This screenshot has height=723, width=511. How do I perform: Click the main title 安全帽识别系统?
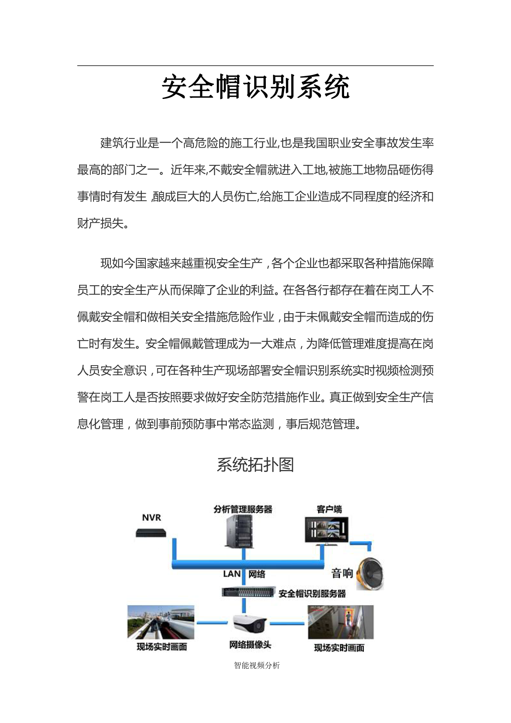coord(255,87)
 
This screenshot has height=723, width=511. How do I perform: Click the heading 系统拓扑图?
coord(255,465)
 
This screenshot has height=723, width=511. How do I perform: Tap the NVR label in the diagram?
coord(151,518)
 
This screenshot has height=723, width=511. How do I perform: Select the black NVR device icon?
coord(151,533)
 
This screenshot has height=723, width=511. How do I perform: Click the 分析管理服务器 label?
coord(243,509)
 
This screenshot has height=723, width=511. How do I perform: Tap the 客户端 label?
coord(329,509)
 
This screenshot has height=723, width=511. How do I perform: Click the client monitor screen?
coord(326,529)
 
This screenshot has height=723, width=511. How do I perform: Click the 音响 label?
coord(342,573)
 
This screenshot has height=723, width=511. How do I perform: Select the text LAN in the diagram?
coord(232,574)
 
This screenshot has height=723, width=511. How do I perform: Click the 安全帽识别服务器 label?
coord(312,594)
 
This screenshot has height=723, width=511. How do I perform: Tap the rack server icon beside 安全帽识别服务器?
coord(248,592)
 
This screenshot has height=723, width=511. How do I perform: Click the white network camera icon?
coord(250,623)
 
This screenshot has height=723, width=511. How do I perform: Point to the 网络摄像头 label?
coord(250,645)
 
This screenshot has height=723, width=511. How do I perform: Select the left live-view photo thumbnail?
coord(161,622)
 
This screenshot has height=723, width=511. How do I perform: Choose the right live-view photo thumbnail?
coord(340,622)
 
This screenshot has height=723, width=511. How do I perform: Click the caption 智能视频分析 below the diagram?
coord(257,665)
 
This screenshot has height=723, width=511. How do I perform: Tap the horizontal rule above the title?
coord(255,66)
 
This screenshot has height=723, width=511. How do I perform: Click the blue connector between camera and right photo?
coord(287,623)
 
